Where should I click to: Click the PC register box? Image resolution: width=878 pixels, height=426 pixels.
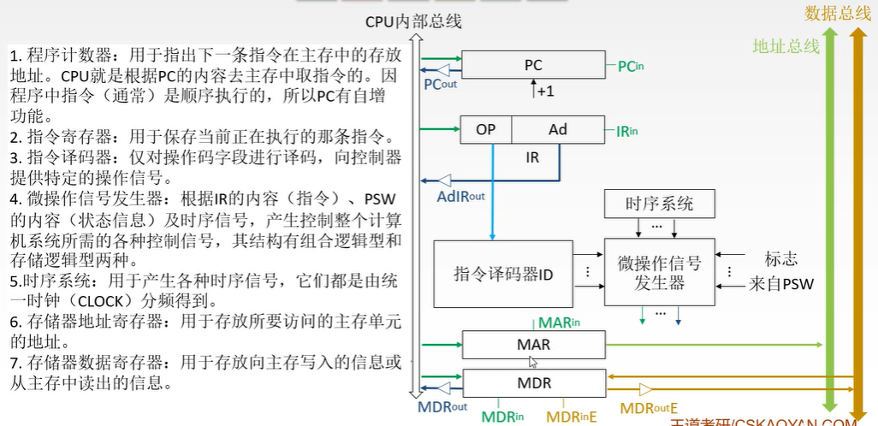533,65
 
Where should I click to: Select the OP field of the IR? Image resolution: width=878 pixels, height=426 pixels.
485,130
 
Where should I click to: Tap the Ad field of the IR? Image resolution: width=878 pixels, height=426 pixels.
557,130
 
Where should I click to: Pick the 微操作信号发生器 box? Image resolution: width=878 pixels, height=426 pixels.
659,273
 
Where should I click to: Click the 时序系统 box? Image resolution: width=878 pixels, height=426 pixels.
659,204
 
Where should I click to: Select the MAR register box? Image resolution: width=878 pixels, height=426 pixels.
533,346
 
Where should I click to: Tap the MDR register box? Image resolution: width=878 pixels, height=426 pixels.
533,382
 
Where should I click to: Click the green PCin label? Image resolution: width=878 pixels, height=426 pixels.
632,66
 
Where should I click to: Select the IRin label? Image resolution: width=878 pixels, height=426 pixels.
627,131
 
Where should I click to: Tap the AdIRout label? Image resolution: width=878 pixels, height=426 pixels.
460,196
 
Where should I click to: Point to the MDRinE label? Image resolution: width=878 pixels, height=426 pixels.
571,417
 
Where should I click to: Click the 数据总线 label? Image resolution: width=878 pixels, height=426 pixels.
837,13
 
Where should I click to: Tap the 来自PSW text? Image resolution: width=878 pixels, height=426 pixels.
780,284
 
